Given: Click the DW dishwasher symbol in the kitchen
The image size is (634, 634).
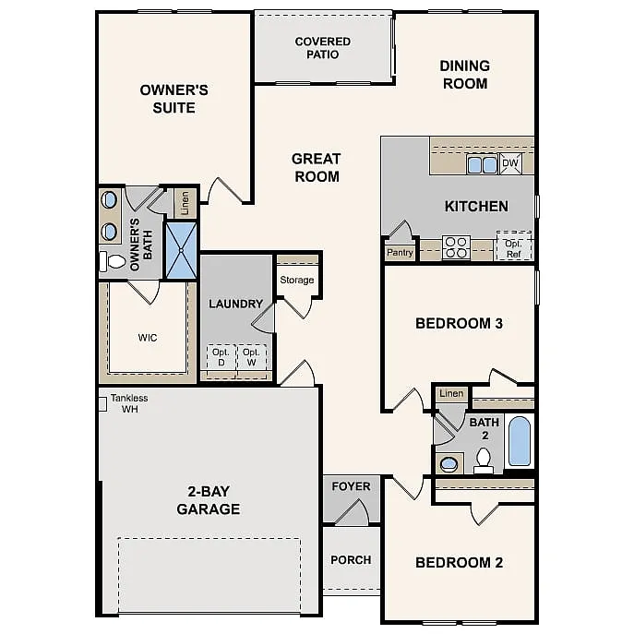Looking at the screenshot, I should [x=510, y=164].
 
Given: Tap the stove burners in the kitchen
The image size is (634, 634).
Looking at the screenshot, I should [x=457, y=247].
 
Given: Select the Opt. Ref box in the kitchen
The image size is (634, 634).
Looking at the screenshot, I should [x=514, y=246].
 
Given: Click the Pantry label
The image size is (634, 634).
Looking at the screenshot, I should [x=400, y=252].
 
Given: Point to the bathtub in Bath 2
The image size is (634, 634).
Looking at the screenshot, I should [x=520, y=442].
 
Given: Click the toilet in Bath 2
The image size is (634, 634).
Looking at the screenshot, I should [x=484, y=459].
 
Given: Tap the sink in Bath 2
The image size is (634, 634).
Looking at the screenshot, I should [x=449, y=462].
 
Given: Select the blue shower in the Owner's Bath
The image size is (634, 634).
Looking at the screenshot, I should [x=181, y=250].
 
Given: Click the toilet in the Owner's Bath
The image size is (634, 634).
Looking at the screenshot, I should [x=114, y=262].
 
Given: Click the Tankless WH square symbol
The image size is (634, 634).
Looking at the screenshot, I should [x=103, y=402].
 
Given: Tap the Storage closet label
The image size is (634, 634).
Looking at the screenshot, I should [x=297, y=280].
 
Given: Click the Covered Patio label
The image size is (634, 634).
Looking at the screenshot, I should [x=323, y=48].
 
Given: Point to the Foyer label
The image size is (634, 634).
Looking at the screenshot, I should [x=351, y=486].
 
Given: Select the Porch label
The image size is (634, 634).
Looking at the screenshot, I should [x=351, y=559].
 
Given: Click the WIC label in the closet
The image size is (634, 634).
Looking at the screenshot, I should [x=147, y=337].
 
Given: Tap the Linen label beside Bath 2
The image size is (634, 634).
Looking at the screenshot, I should [x=451, y=394].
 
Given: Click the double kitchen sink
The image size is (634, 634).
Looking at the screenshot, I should [x=482, y=165].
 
